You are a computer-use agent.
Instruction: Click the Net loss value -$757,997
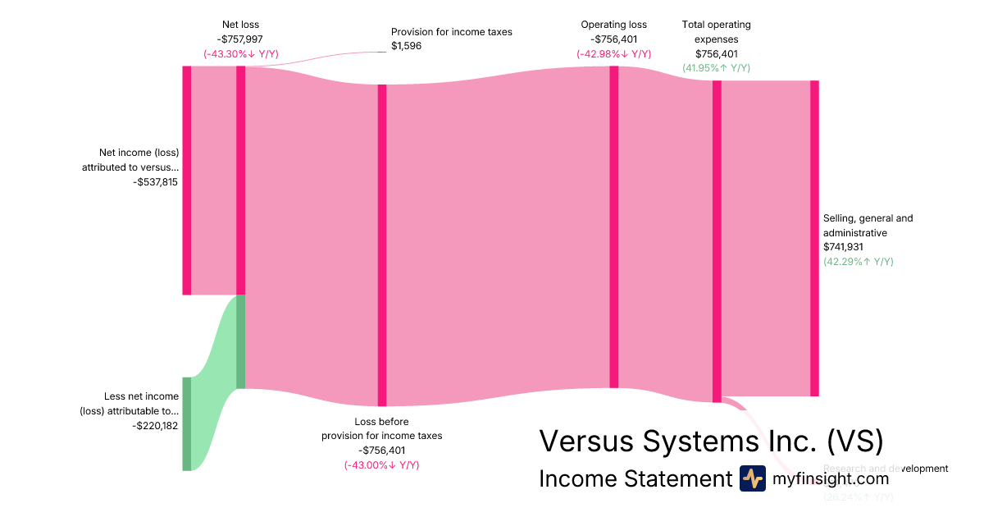click(240, 39)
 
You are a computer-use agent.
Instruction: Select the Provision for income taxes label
click(451, 32)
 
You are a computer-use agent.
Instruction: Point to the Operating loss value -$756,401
click(613, 39)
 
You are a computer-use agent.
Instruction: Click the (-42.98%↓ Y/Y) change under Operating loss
click(613, 53)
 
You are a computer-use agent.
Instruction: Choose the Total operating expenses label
click(716, 31)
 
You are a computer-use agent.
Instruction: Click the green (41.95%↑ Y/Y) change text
click(716, 68)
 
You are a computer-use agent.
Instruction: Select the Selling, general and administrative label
click(868, 226)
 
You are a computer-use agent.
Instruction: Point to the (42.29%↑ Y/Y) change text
click(858, 261)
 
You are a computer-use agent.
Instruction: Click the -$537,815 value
click(155, 182)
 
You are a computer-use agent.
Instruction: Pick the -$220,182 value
click(155, 426)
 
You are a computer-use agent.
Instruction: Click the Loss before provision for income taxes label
click(381, 428)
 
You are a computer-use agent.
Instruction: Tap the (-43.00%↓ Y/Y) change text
click(381, 465)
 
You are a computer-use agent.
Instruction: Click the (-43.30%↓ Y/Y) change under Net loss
click(240, 53)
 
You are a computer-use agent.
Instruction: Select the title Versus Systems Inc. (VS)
click(711, 441)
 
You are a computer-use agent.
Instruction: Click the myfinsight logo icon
click(752, 478)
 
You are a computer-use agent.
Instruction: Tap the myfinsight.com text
click(831, 478)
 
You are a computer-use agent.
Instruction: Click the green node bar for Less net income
click(186, 423)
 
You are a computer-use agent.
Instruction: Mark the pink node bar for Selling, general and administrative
click(814, 238)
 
